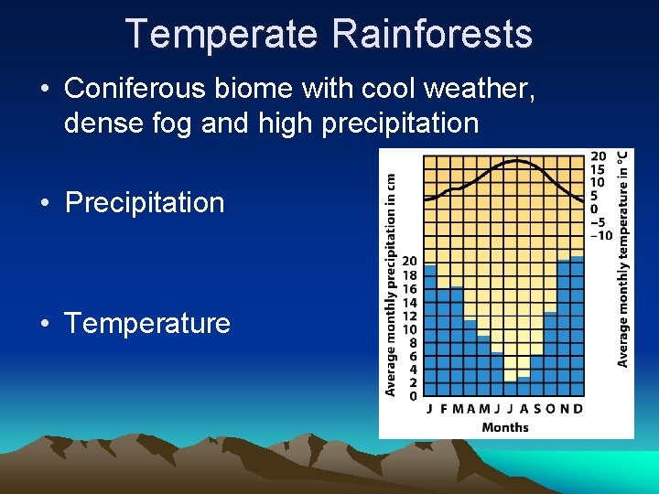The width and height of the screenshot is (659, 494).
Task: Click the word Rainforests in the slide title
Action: pos(432,34)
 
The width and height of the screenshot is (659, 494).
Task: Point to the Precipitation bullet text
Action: pos(145,202)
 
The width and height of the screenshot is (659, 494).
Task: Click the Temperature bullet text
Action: pos(147,323)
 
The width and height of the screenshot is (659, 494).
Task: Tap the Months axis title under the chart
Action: pos(504,427)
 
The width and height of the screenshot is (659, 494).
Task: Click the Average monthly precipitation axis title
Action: pos(390,285)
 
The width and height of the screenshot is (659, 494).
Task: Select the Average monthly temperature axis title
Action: pos(623,258)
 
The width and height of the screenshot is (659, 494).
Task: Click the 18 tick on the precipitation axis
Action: pos(410,275)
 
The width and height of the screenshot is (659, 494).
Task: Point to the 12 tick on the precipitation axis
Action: pos(410,316)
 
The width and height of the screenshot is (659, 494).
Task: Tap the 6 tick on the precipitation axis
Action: pos(413,356)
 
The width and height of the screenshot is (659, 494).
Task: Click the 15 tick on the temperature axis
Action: pos(599,169)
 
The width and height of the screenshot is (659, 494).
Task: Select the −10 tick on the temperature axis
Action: pos(601,235)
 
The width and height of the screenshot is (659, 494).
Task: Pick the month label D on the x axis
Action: pos(578,409)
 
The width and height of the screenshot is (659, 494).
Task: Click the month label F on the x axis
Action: pos(444,409)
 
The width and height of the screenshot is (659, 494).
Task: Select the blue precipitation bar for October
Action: pos(551,357)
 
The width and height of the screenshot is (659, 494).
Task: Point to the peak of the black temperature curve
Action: pos(517,161)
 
